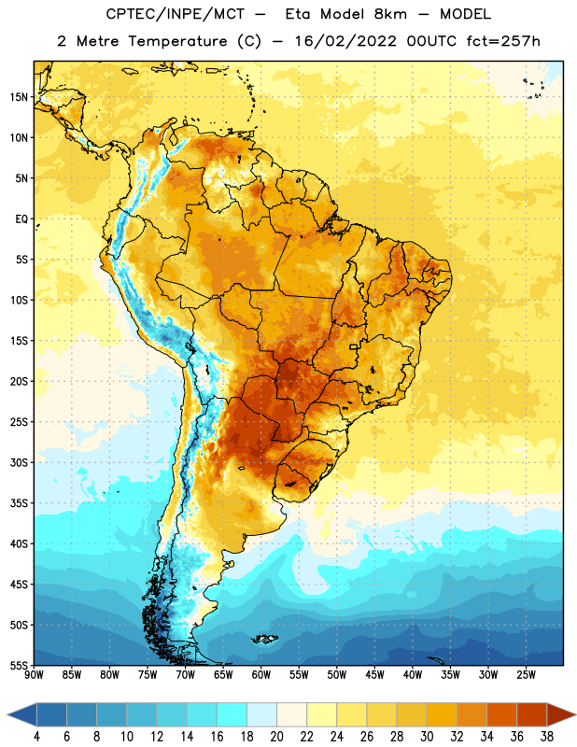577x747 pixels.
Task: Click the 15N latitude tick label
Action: point(19,97)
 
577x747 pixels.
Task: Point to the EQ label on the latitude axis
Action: point(21,219)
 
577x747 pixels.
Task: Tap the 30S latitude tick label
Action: point(19,462)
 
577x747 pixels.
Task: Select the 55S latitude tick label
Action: point(19,666)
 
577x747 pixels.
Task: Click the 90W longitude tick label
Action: point(34,675)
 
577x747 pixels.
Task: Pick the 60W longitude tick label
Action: point(261,675)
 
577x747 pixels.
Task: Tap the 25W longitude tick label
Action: point(526,675)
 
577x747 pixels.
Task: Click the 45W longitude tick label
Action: point(374,675)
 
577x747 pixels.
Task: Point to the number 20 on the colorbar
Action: point(276,737)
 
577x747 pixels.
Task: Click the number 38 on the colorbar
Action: point(547,737)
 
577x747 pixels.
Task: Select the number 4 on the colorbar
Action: point(36,737)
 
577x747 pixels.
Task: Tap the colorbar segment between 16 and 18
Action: point(232,715)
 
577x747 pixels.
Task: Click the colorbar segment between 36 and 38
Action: point(532,715)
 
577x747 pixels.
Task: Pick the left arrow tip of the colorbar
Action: point(7,715)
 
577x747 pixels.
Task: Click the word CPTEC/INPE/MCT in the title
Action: point(176,14)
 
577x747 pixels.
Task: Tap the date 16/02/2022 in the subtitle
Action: point(345,41)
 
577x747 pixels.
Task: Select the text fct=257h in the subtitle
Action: point(503,41)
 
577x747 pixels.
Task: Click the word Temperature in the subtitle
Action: point(178,42)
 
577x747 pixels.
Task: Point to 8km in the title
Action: point(390,14)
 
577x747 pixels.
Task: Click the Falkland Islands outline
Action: point(264,639)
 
